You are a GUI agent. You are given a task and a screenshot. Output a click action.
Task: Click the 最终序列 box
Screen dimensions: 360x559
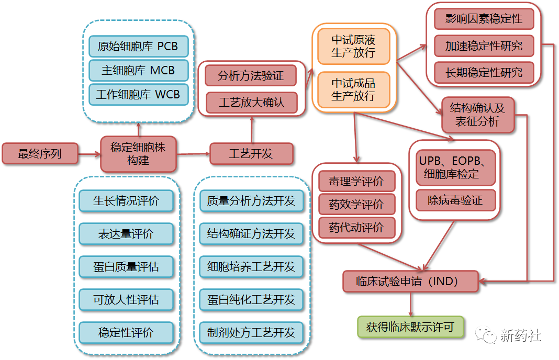(x=40, y=154)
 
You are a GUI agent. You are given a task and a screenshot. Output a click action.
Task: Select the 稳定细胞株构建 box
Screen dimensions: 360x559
(x=138, y=154)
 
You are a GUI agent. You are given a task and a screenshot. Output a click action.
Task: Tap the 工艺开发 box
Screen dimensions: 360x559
(x=251, y=154)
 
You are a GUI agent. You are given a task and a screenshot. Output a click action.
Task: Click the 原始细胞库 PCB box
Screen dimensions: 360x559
(x=138, y=46)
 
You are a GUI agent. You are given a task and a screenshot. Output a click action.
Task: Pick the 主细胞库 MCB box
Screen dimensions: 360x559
(x=138, y=70)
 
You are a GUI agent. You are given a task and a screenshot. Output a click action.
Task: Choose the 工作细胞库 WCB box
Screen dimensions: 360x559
(x=138, y=94)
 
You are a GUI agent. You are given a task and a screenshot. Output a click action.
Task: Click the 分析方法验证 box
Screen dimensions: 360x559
(x=251, y=76)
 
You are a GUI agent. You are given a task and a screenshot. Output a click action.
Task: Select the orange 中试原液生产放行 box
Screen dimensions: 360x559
(x=353, y=46)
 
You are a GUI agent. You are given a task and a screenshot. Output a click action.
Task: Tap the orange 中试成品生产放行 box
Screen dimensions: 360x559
(x=353, y=89)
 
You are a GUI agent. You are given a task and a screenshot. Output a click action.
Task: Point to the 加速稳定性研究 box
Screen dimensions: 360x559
(x=484, y=46)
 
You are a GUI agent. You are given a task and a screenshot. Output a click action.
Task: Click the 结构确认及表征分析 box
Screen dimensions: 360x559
(x=477, y=115)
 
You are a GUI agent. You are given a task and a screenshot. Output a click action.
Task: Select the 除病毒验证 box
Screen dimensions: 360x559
(x=455, y=200)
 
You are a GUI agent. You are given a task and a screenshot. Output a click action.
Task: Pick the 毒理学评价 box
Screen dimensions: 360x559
(x=356, y=182)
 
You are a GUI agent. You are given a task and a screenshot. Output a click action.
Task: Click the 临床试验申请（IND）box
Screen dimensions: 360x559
(x=410, y=282)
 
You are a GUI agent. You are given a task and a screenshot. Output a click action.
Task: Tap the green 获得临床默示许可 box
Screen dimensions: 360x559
(x=410, y=327)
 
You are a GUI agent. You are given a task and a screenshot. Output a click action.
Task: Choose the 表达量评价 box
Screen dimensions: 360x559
(x=126, y=233)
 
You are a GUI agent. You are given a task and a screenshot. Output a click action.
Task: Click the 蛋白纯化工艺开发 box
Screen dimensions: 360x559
(x=251, y=300)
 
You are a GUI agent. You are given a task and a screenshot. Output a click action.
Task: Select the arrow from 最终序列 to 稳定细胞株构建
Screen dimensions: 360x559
(x=89, y=154)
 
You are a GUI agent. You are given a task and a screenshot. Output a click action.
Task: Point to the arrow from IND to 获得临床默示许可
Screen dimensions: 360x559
(x=410, y=304)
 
